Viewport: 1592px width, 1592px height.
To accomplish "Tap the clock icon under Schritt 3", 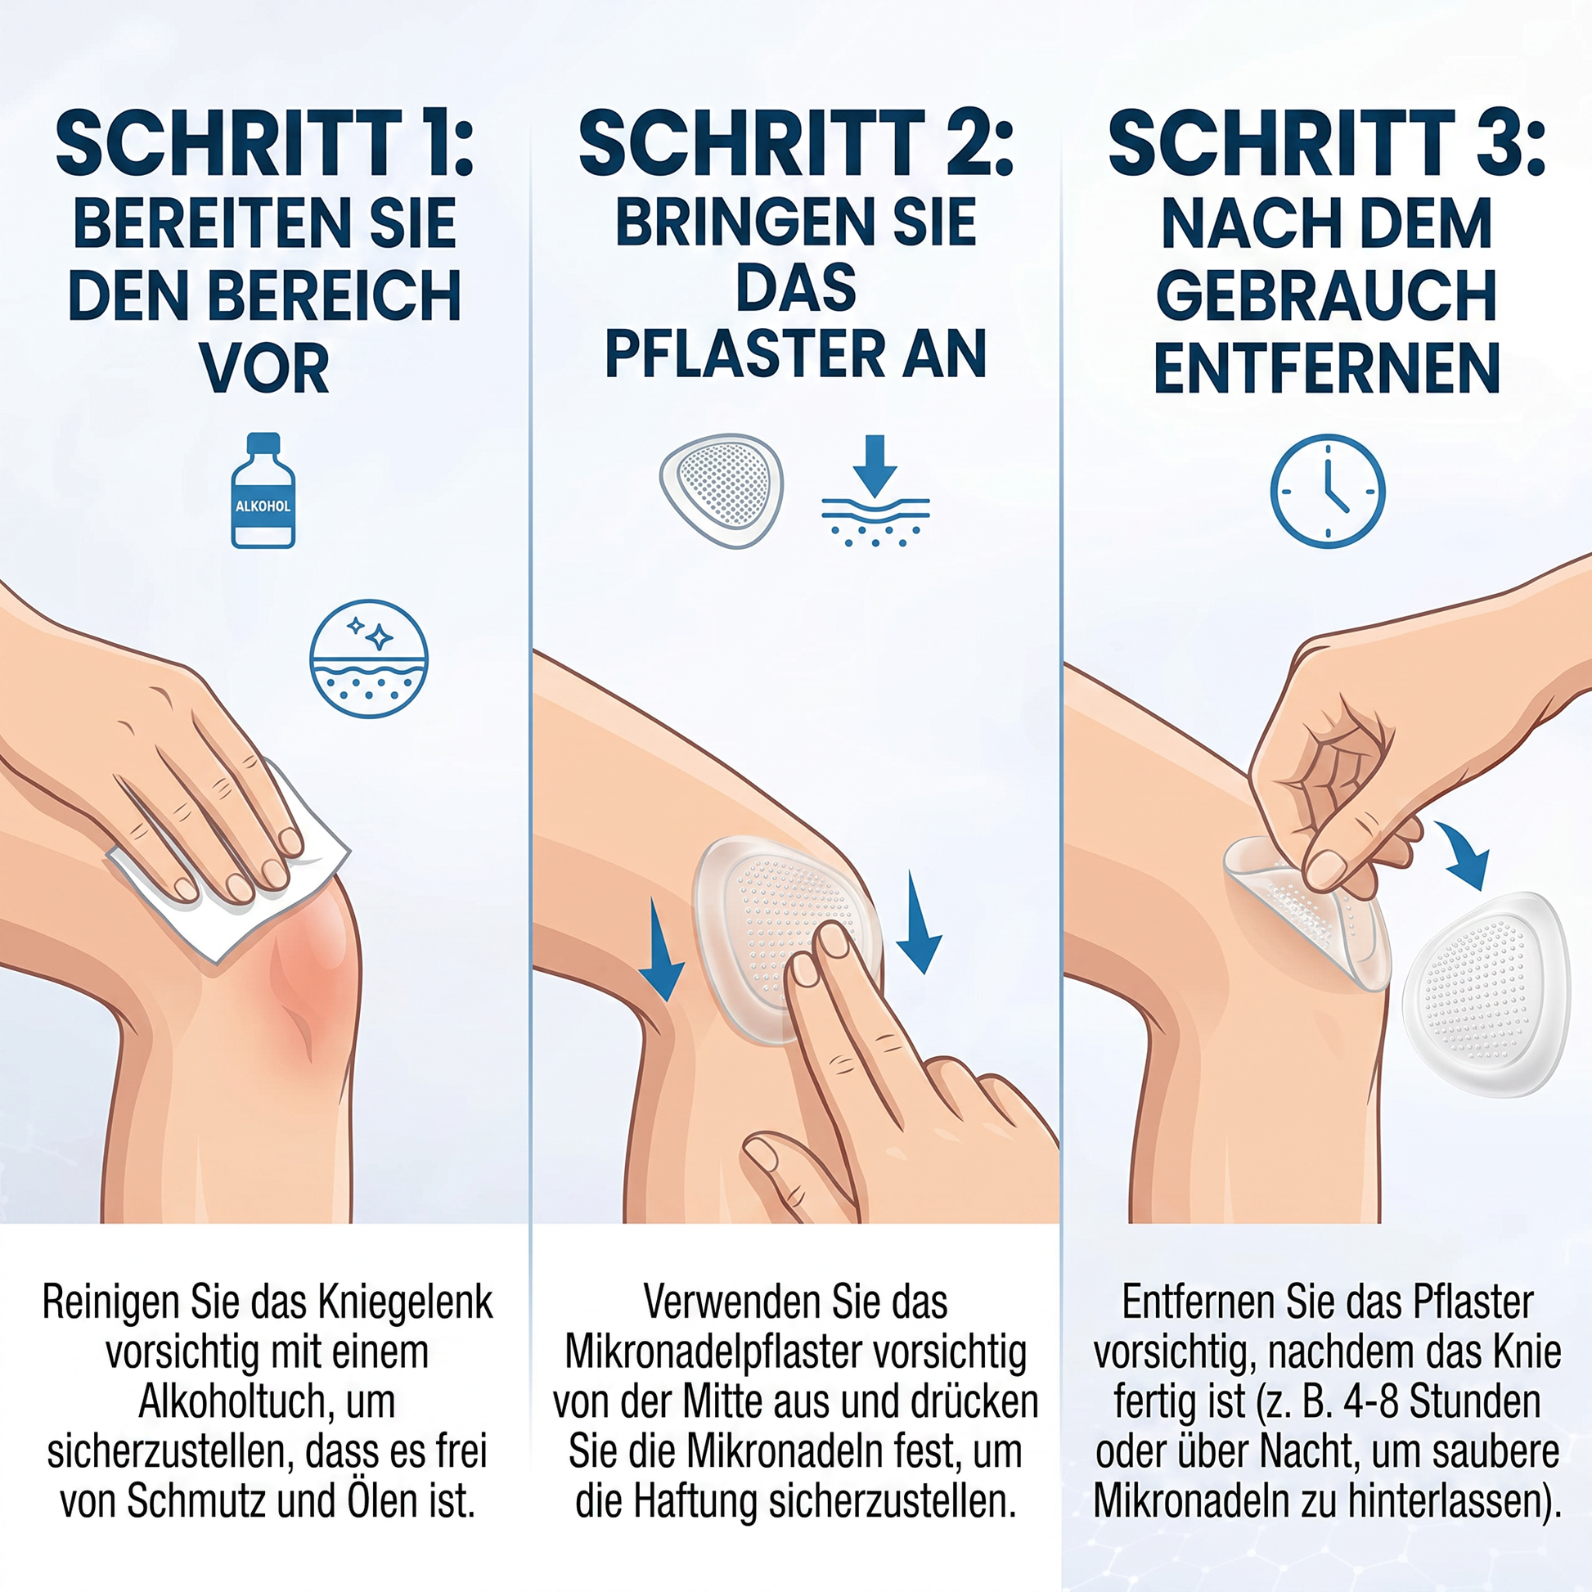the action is pyautogui.click(x=1328, y=491).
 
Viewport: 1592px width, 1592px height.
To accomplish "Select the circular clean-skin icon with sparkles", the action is pyautogui.click(x=368, y=659).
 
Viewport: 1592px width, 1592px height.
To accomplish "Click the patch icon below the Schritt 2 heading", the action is pyautogui.click(x=722, y=490).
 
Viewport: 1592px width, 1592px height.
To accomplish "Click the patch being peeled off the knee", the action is pyautogui.click(x=1311, y=911).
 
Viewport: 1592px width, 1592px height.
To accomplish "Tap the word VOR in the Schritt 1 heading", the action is pyautogui.click(x=264, y=368).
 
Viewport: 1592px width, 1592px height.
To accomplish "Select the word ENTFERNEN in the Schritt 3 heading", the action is pyautogui.click(x=1327, y=368).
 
